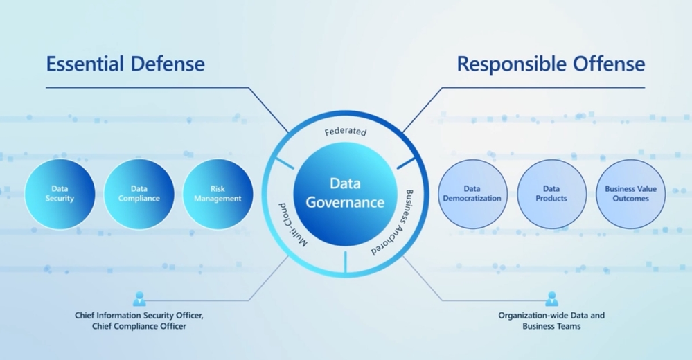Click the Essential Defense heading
pos(125,64)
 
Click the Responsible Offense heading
pos(551,64)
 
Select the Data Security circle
pos(60,194)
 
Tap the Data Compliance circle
pos(139,194)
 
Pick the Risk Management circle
pos(218,194)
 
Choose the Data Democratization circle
pos(472,194)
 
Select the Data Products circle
pos(551,194)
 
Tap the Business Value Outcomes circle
pos(630,194)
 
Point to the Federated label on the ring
pos(345,131)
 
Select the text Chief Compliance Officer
pos(139,326)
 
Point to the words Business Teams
pos(551,326)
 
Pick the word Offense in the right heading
pos(610,64)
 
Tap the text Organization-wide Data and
pos(551,316)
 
